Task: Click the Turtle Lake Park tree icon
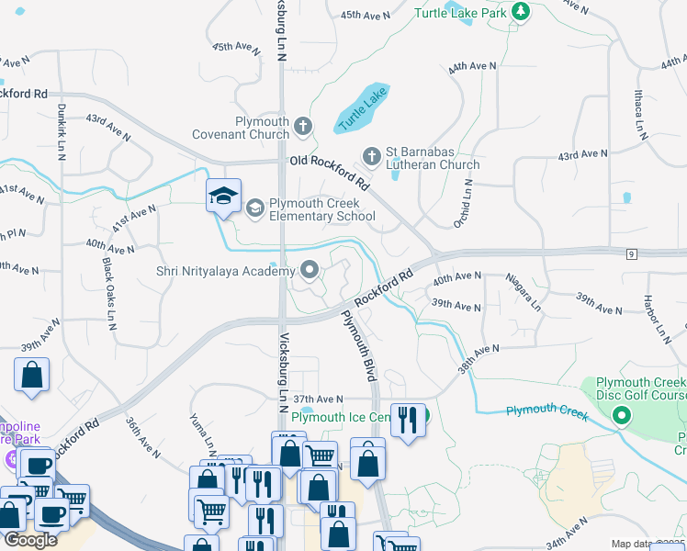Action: click(x=522, y=12)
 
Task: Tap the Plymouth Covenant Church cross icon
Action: click(x=303, y=125)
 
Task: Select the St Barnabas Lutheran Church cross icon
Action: click(x=372, y=154)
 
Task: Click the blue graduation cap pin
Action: click(x=223, y=196)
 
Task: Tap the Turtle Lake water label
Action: click(x=364, y=108)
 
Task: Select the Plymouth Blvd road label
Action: click(x=359, y=345)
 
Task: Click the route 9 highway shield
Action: click(x=631, y=253)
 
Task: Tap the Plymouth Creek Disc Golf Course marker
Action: click(x=621, y=417)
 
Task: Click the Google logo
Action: click(x=30, y=540)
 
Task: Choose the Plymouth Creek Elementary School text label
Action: click(x=322, y=209)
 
